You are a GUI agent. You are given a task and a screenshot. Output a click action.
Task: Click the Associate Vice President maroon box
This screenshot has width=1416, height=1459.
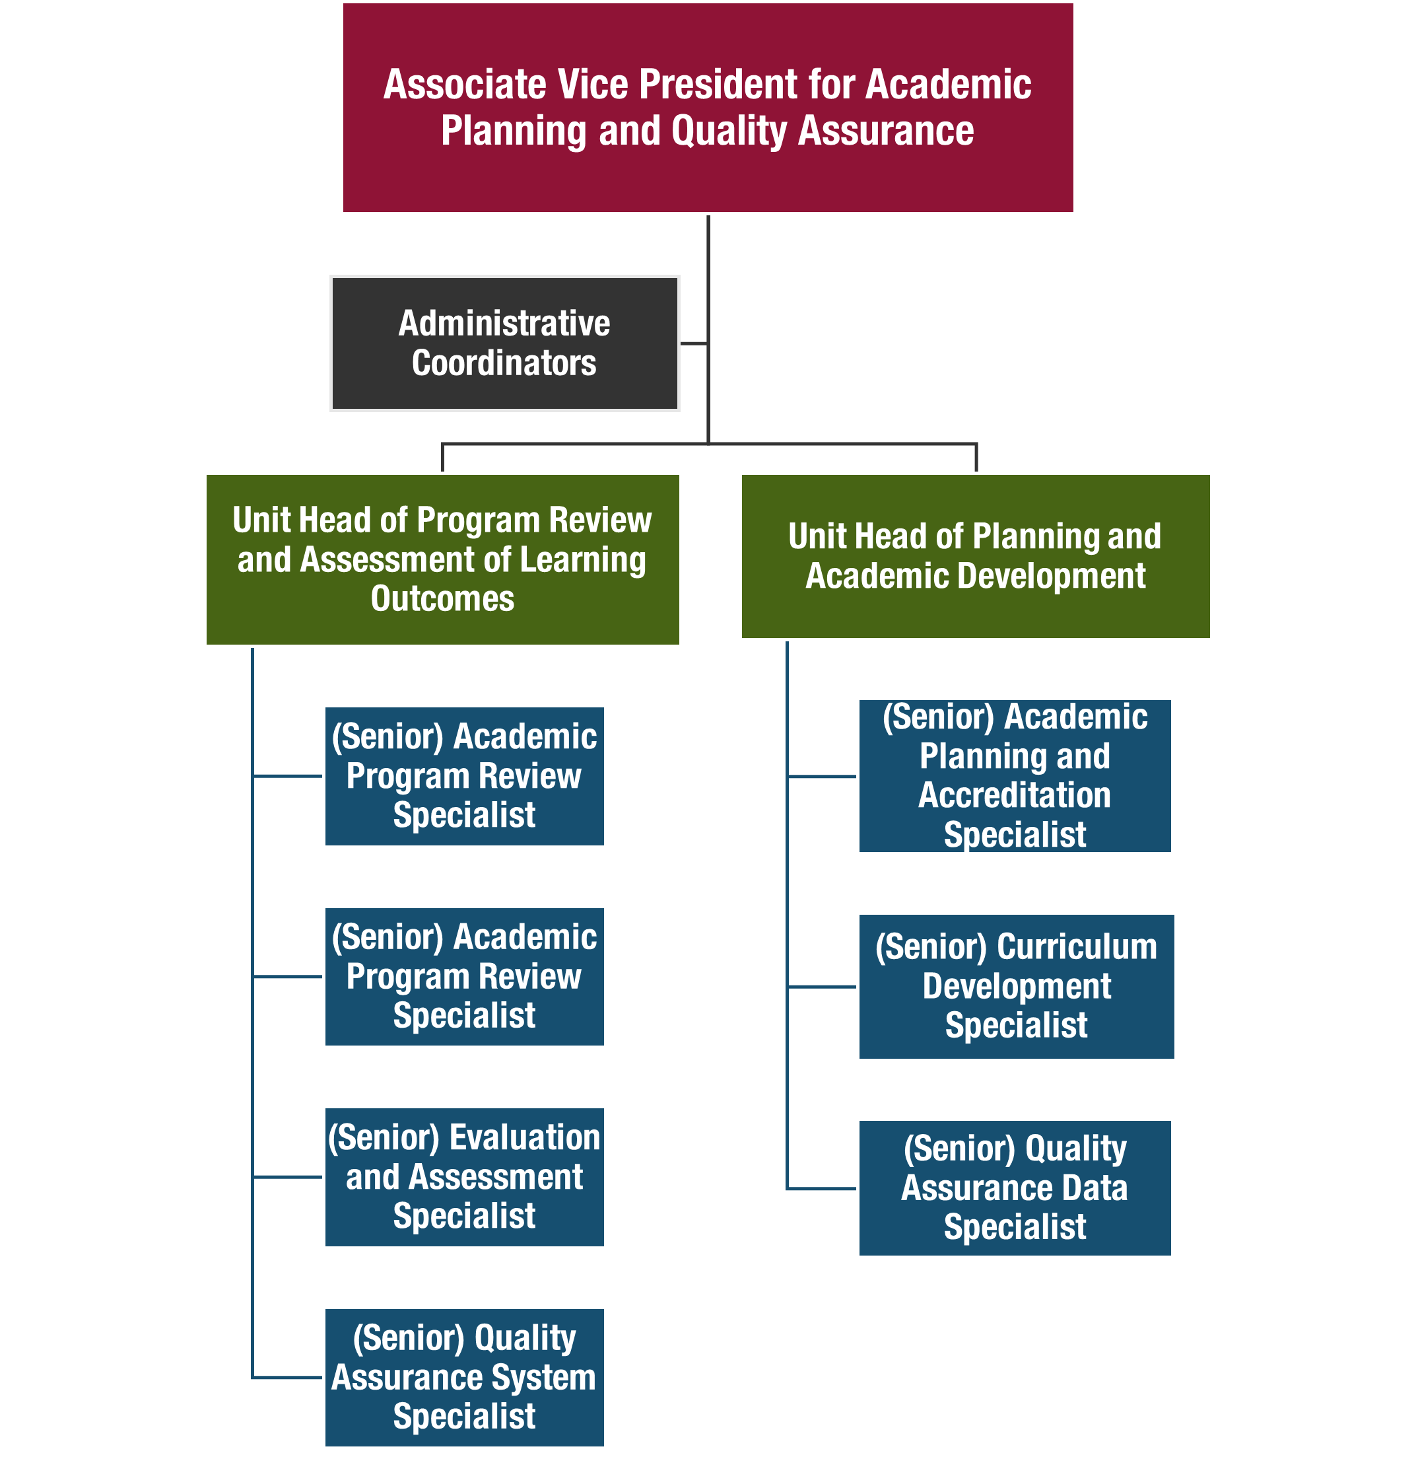pos(708,178)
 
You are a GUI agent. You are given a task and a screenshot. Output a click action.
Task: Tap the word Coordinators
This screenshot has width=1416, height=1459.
pos(504,363)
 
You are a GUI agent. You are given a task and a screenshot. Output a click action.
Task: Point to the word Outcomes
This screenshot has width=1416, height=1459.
pos(442,598)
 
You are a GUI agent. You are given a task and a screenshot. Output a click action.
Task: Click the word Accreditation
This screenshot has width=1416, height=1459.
pos(1014,795)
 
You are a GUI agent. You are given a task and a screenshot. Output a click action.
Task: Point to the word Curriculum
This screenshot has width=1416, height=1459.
pos(1077,947)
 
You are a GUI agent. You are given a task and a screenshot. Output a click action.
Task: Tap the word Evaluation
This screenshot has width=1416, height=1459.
pos(525,1137)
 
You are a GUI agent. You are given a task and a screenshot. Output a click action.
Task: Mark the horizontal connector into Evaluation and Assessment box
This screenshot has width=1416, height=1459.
pos(288,1177)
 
